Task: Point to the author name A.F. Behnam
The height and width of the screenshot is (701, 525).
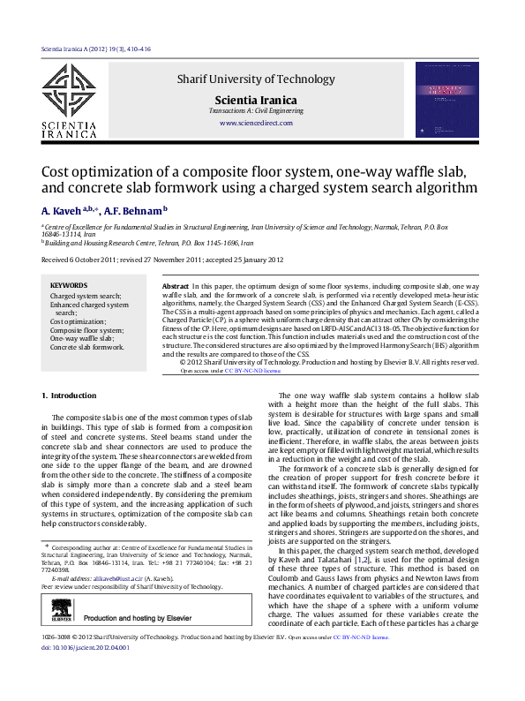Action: (132, 211)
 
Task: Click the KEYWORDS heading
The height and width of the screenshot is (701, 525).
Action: (69, 286)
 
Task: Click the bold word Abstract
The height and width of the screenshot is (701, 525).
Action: (176, 288)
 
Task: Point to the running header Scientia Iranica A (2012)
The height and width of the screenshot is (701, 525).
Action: (96, 49)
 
